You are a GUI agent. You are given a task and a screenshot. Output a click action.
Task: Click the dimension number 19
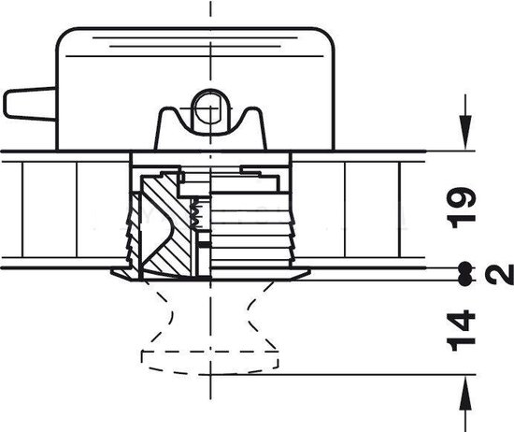point(463,208)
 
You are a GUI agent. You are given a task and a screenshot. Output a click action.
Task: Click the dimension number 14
point(462,330)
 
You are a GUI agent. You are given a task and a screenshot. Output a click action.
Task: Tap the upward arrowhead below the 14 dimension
point(465,393)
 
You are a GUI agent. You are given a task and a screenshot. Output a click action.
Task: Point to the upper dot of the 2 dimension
point(464,267)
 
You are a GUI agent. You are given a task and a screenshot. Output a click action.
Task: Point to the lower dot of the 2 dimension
point(464,280)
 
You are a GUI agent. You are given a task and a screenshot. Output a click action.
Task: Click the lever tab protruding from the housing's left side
point(30,104)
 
